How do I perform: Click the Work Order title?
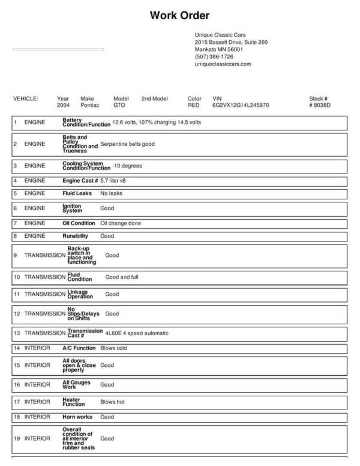(x=179, y=15)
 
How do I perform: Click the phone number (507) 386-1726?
(x=214, y=56)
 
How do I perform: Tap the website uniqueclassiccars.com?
(x=223, y=64)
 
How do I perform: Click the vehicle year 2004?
(x=63, y=105)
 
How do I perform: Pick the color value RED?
(x=193, y=105)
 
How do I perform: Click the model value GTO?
(x=119, y=105)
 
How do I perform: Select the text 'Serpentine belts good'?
(x=127, y=144)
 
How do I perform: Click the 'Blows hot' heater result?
(x=112, y=402)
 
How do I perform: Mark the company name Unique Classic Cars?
(x=220, y=35)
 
